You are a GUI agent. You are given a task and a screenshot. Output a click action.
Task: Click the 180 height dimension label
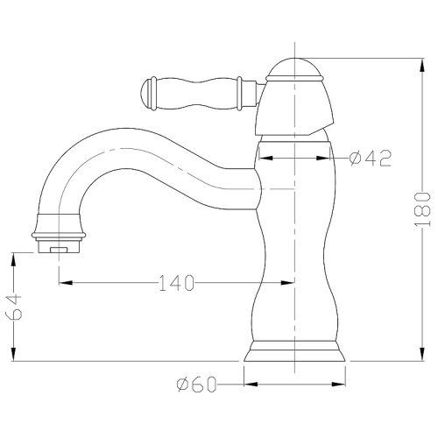[x=422, y=209]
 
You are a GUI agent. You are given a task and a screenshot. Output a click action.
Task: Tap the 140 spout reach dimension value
[x=176, y=283]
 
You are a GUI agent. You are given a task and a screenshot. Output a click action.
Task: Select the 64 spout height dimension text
[x=13, y=307]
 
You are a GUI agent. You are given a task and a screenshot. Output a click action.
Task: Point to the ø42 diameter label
[x=371, y=158]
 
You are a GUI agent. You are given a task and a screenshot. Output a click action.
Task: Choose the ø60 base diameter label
[x=196, y=384]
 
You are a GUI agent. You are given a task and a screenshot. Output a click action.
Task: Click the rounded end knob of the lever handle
[x=146, y=94]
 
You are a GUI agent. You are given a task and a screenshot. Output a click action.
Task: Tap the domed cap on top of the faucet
[x=294, y=69]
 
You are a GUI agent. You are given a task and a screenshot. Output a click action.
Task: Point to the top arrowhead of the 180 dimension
[x=422, y=66]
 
